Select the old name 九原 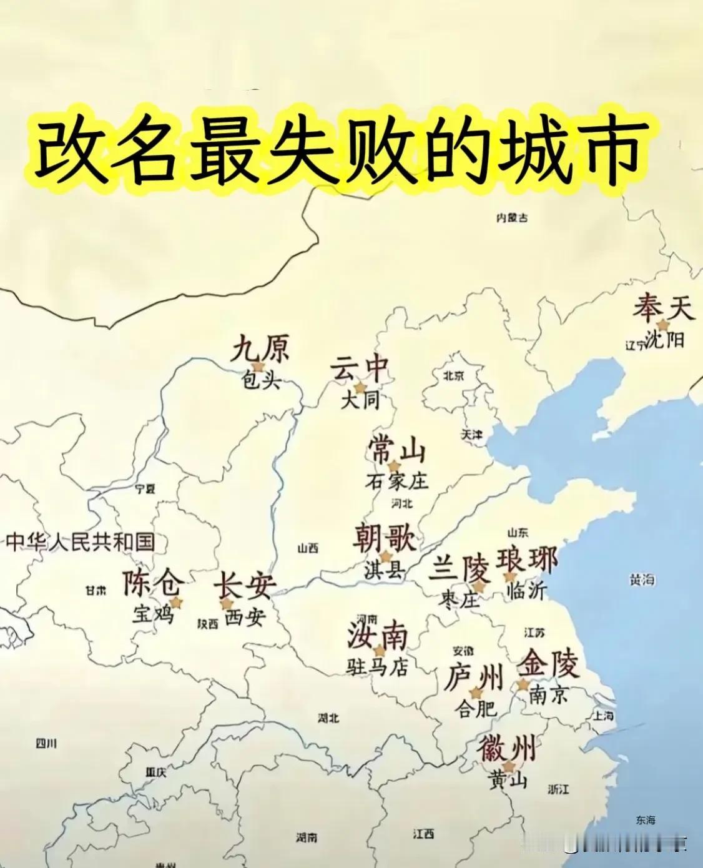(260, 348)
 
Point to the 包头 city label (258, 381)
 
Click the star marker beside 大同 (360, 388)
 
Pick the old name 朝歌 (384, 537)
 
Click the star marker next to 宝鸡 (176, 603)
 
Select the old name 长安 (244, 586)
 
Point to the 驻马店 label (377, 668)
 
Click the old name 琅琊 (527, 560)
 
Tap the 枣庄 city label (461, 600)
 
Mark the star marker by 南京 (523, 684)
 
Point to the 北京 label (454, 376)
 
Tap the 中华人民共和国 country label (80, 541)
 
